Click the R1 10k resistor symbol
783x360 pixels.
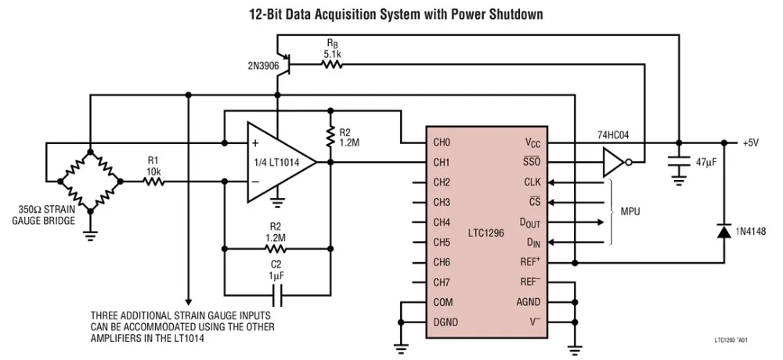click(x=153, y=182)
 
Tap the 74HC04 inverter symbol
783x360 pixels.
click(x=615, y=163)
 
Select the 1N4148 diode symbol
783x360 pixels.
click(x=722, y=231)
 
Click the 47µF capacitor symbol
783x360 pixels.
click(x=678, y=164)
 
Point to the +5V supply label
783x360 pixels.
click(x=752, y=143)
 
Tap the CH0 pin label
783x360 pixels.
click(x=442, y=143)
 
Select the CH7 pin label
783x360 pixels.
click(x=442, y=282)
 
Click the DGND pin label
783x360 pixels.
click(x=445, y=322)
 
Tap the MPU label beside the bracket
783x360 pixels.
click(x=631, y=212)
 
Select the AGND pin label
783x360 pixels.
click(x=527, y=302)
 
